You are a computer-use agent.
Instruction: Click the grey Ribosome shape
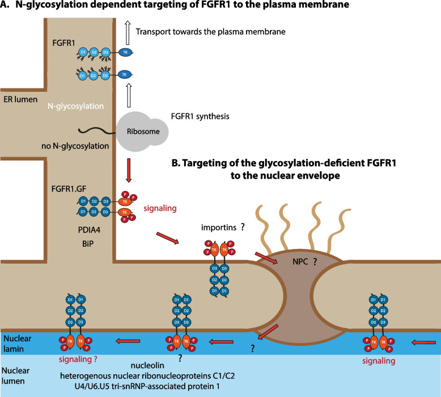point(142,132)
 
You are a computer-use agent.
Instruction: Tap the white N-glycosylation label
point(75,106)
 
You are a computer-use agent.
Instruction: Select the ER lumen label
point(20,99)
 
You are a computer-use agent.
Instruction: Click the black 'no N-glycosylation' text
point(75,146)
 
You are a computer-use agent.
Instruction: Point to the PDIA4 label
point(89,230)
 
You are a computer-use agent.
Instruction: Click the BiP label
point(88,244)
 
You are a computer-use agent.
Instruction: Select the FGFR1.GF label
point(69,189)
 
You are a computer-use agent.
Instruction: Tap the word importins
point(219,227)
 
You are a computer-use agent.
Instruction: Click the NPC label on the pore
point(300,261)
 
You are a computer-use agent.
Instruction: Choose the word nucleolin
point(147,365)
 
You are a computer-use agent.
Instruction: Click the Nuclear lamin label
point(18,344)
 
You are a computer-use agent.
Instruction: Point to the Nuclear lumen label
point(15,375)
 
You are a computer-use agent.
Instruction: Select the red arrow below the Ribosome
point(129,170)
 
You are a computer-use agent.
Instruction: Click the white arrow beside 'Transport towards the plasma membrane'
point(128,32)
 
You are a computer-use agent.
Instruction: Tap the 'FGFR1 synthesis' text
point(200,116)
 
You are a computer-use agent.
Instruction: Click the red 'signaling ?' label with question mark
point(78,360)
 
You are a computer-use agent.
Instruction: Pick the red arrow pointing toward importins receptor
point(167,238)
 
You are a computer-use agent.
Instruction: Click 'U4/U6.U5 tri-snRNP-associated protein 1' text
point(147,386)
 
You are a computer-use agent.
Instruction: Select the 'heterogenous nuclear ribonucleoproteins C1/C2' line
point(147,376)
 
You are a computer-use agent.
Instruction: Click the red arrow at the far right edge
point(423,343)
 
